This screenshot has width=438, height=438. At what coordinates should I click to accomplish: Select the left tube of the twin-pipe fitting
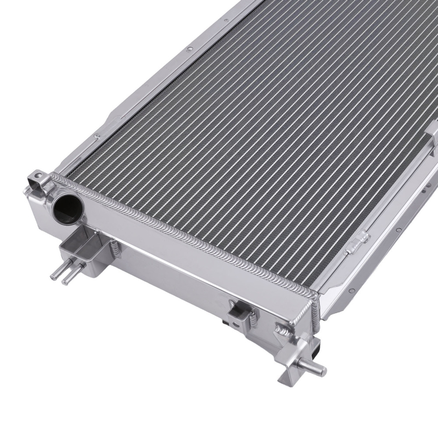tap(57, 272)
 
